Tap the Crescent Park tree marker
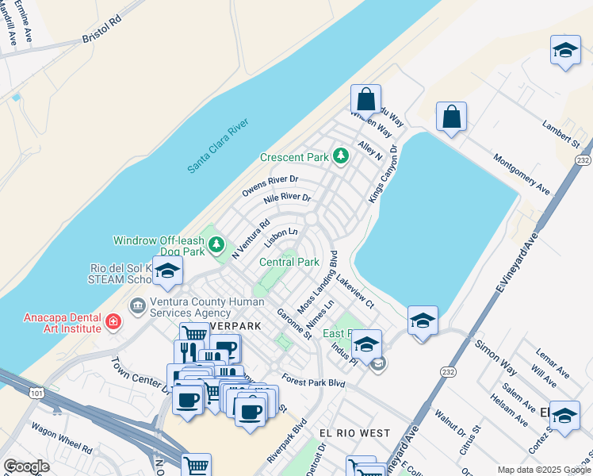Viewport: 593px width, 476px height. tap(341, 156)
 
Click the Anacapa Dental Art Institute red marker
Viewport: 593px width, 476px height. tap(113, 322)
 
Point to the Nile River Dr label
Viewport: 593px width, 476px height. tap(286, 198)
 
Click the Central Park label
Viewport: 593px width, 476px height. tap(289, 262)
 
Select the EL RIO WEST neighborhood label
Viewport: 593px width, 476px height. tap(354, 432)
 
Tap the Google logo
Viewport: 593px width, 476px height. tap(26, 466)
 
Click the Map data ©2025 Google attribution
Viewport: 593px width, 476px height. tap(544, 470)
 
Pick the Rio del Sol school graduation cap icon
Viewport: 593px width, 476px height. tap(169, 272)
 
